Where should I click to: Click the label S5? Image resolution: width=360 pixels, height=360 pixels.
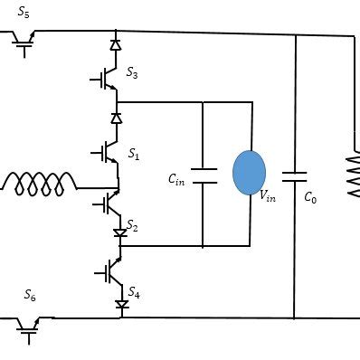[x=24, y=13]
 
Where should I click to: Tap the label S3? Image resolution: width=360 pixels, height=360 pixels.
[x=132, y=72]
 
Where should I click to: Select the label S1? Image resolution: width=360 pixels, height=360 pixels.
[x=133, y=155]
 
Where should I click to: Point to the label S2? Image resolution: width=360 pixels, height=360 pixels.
[x=132, y=225]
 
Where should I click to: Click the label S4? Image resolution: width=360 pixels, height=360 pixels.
[x=133, y=292]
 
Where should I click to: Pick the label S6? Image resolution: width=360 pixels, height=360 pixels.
[x=29, y=296]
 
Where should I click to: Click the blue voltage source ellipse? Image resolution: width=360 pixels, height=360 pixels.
[x=249, y=173]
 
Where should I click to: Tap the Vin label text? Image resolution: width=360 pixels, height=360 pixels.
[x=268, y=194]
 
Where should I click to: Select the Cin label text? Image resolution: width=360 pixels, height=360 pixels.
[x=177, y=179]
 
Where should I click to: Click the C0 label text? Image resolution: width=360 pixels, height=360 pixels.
[x=310, y=196]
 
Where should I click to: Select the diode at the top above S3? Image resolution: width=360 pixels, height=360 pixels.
[x=116, y=43]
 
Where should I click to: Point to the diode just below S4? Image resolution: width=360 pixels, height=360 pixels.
[x=122, y=306]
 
